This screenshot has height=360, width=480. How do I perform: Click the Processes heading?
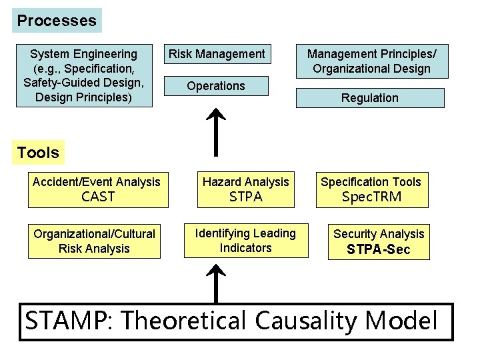[x=57, y=21]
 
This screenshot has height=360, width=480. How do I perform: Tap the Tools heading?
[x=38, y=153]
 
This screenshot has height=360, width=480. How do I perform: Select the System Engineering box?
[x=84, y=75]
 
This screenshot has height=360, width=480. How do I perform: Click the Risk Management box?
[x=216, y=54]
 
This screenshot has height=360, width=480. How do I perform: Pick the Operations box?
[x=216, y=86]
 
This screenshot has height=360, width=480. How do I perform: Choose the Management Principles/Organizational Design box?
[x=369, y=61]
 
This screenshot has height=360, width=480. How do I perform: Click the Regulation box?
[x=369, y=98]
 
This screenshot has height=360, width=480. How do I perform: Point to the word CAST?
[x=97, y=197]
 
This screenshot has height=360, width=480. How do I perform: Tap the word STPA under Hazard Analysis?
[x=245, y=197]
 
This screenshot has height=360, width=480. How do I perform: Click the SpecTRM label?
[x=371, y=197]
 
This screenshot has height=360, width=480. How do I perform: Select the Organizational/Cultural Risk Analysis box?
[x=94, y=241]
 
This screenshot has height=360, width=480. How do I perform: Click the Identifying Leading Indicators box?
[x=245, y=241]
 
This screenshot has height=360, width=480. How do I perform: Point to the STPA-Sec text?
[x=378, y=250]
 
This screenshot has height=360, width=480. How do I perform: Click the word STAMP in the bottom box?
[x=65, y=321]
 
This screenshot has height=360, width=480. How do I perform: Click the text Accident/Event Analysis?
[x=96, y=182]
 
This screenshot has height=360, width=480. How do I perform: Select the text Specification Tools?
[x=371, y=182]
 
